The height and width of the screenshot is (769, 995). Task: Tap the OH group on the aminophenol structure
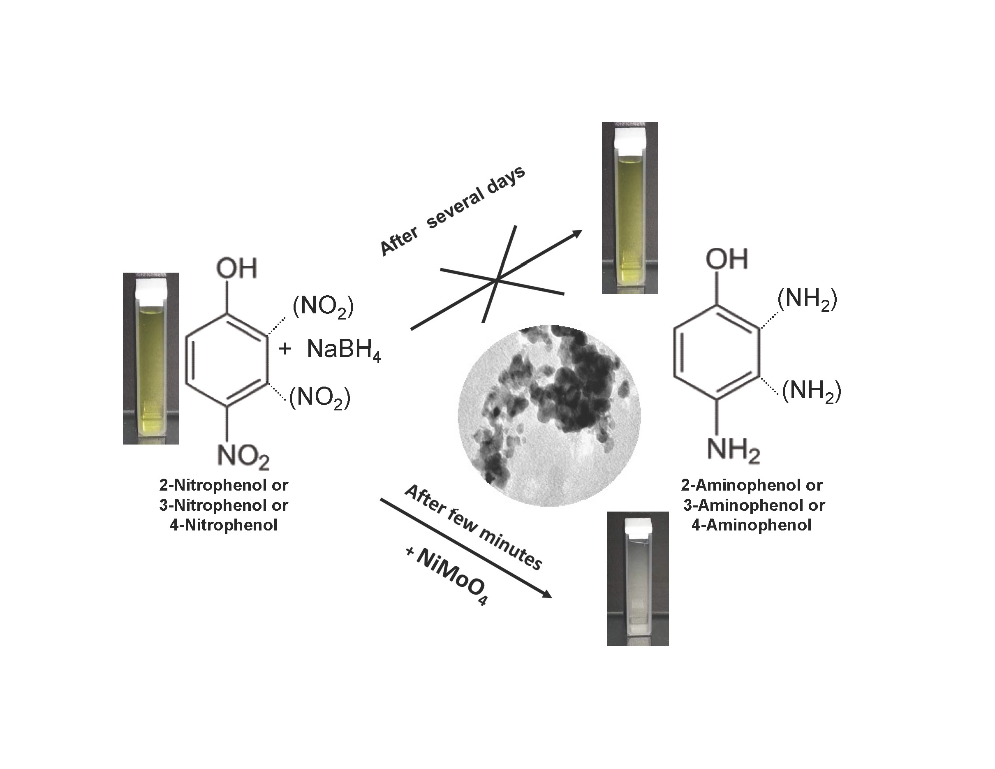727,259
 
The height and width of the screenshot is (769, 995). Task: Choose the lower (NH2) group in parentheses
811,391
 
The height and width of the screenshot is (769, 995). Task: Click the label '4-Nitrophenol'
223,525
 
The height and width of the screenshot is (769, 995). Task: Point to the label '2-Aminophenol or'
751,485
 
